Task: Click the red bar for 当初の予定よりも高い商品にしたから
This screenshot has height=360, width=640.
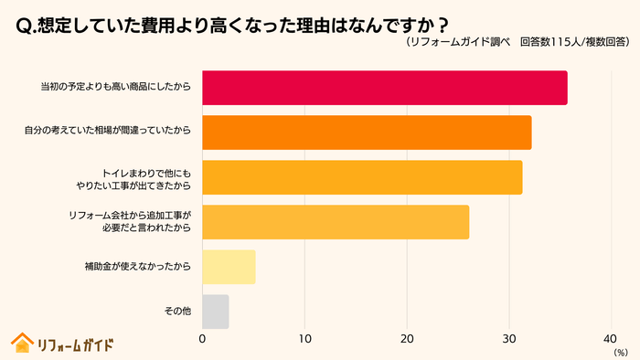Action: [x=384, y=88]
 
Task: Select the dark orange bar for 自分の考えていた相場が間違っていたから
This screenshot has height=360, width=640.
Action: [x=366, y=132]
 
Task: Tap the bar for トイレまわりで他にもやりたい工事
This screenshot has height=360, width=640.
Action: [x=361, y=177]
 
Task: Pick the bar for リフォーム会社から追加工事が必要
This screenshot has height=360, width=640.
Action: [x=335, y=222]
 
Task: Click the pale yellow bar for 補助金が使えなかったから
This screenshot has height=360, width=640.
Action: [x=229, y=267]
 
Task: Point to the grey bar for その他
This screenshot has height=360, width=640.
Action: [x=215, y=312]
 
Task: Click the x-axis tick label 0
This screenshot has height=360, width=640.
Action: [x=202, y=339]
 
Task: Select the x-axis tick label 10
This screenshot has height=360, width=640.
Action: [x=304, y=339]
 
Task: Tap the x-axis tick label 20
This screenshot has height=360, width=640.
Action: [x=407, y=339]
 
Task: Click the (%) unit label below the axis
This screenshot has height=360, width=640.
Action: [x=621, y=352]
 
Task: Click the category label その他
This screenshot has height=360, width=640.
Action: [x=177, y=312]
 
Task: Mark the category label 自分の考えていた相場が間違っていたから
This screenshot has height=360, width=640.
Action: [x=108, y=132]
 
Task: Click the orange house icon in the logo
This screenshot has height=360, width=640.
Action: [x=21, y=343]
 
